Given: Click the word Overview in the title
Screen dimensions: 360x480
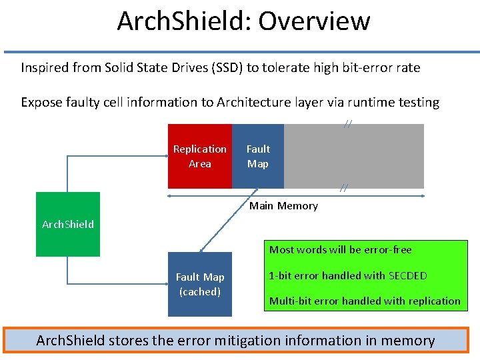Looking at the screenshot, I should pos(314,21).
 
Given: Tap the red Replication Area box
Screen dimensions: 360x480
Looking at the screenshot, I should pos(200,156).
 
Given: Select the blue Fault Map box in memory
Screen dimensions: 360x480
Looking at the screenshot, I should pos(258,156).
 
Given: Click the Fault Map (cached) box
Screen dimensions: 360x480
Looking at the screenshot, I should pos(200,284).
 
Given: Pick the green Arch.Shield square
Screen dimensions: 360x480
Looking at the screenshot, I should pos(67,224).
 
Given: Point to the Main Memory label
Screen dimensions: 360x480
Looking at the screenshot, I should pos(283,206).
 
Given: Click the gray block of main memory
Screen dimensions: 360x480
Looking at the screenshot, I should pos(354,156).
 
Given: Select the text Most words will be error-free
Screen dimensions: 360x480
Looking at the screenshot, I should pos(340,250).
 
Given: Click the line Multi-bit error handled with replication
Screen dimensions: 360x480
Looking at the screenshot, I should pos(365,301).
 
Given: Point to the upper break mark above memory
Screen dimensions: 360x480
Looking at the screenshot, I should pos(348,123).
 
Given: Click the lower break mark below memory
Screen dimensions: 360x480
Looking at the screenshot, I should pos(343,189).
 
